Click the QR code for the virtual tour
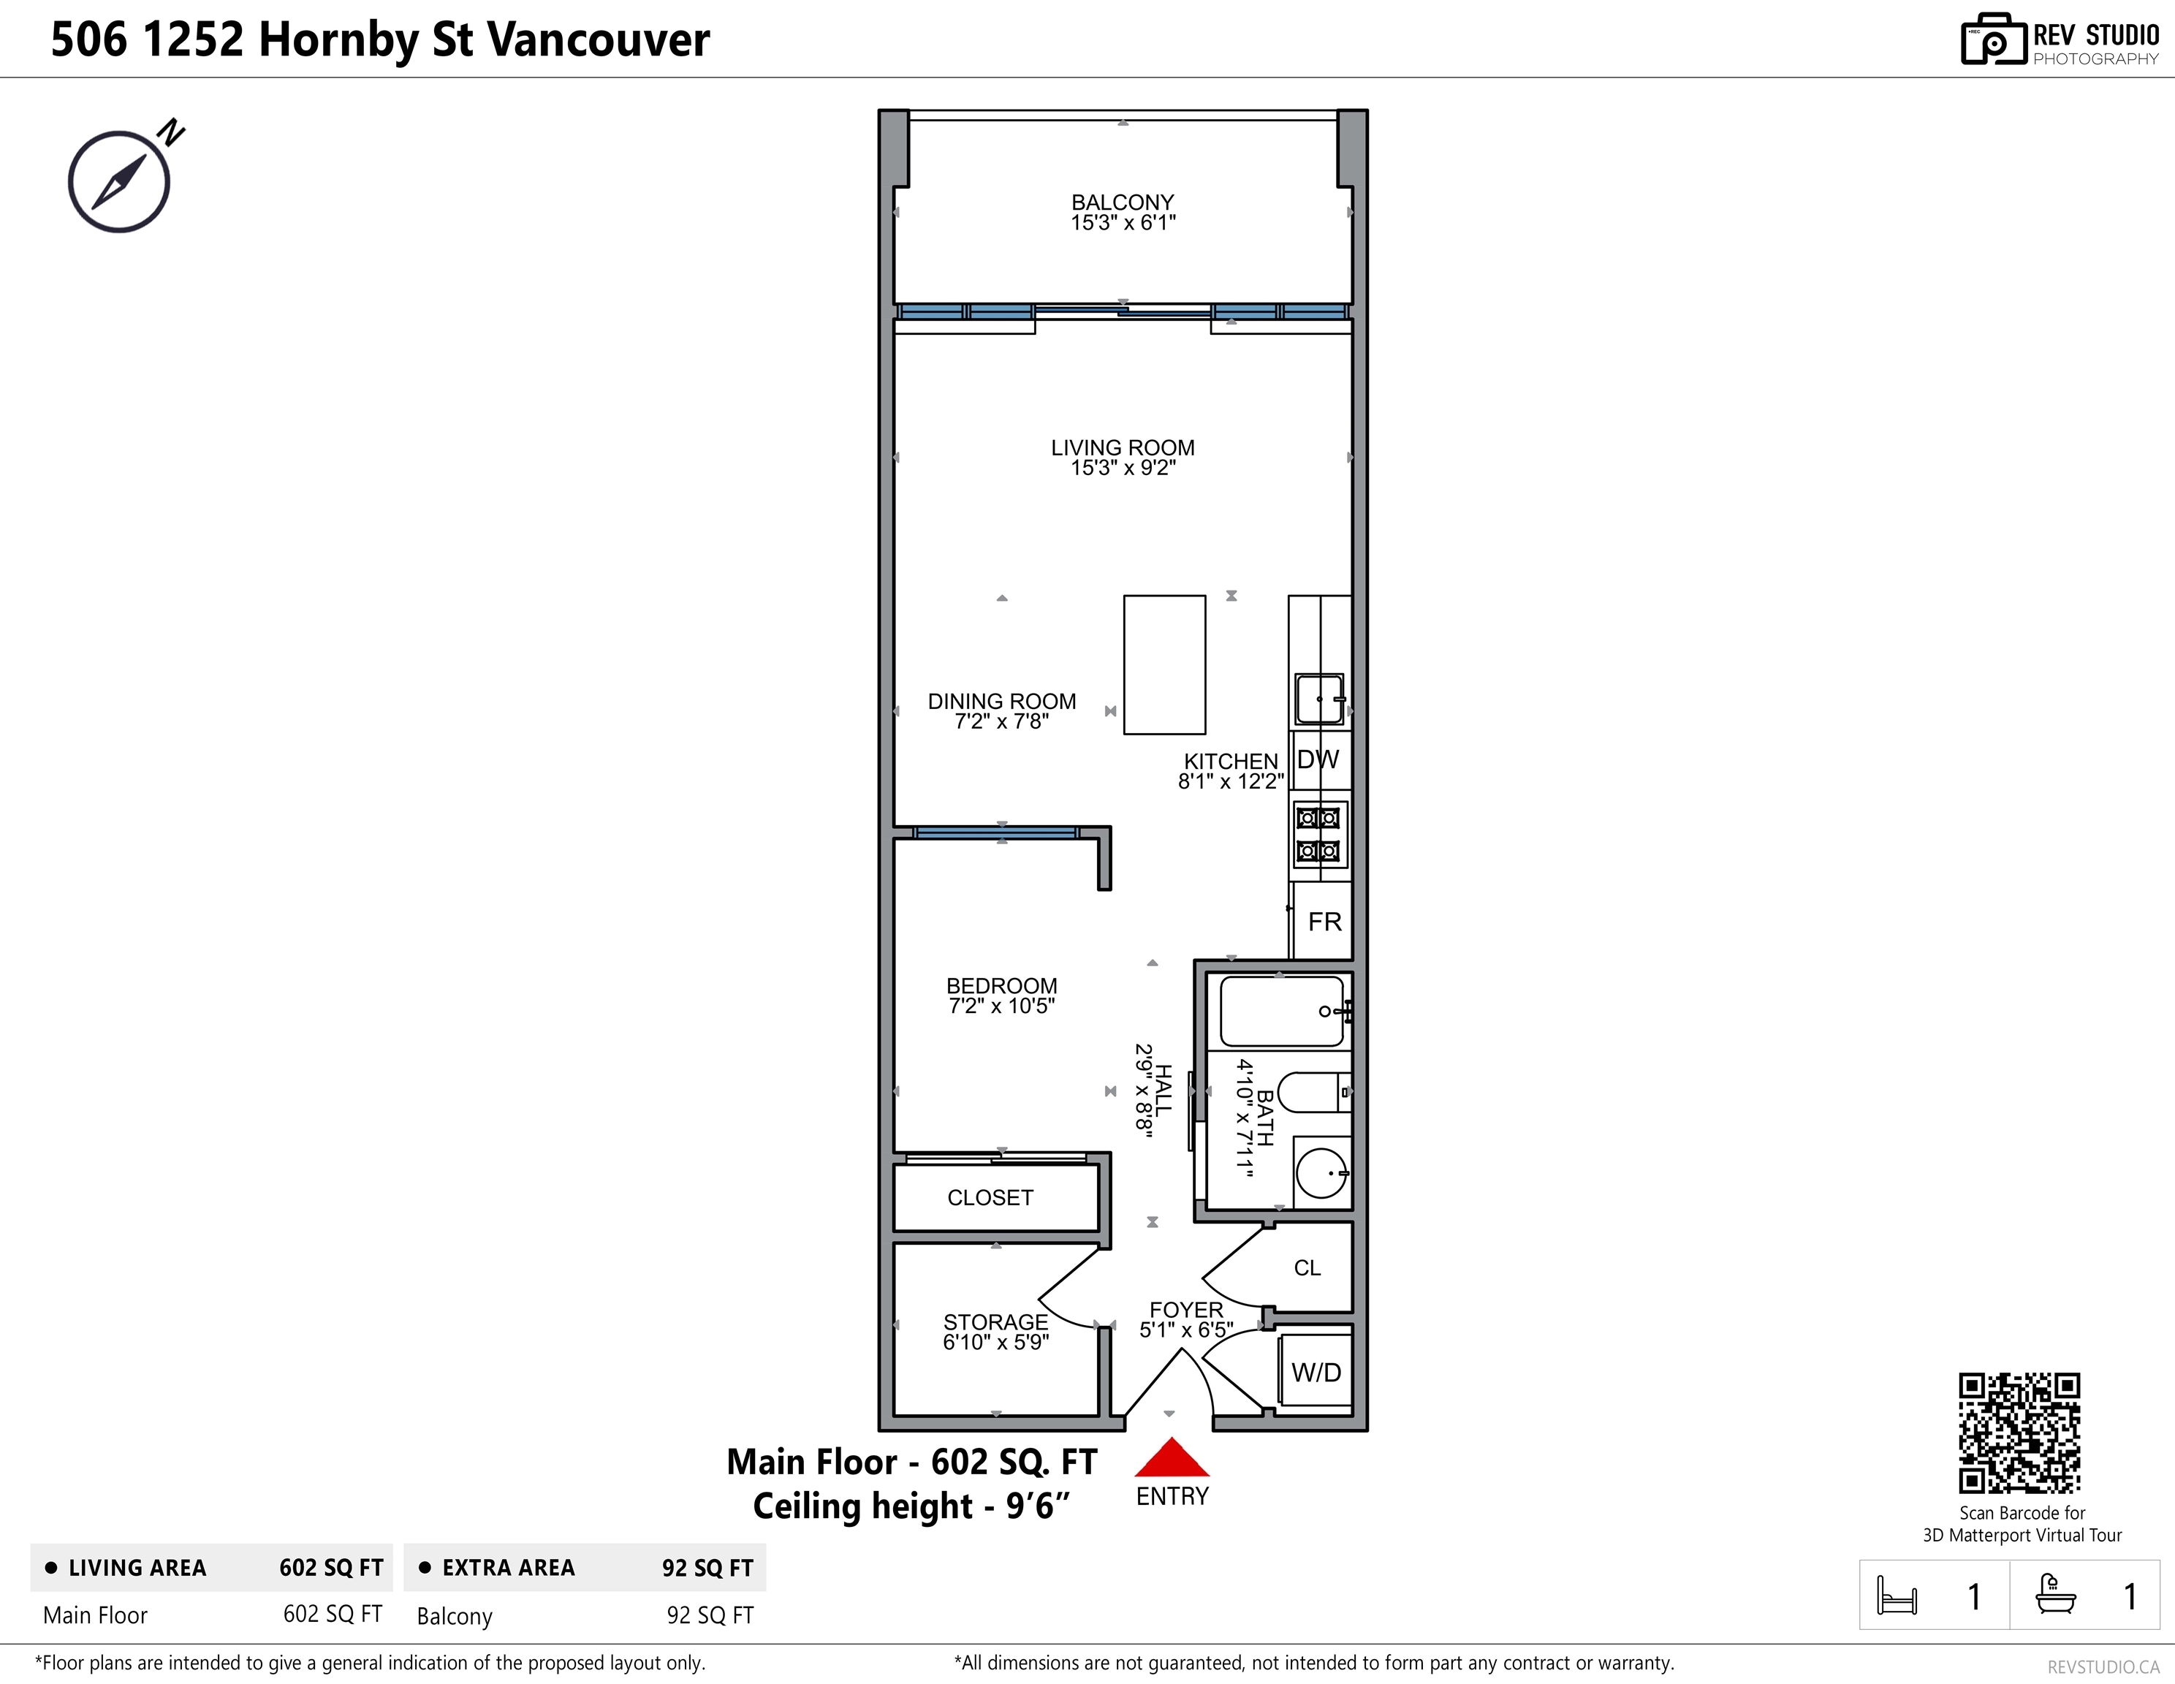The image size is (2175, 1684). [2019, 1433]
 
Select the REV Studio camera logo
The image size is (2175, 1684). [1994, 41]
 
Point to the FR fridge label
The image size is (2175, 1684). [1324, 922]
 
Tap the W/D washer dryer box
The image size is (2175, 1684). [1316, 1373]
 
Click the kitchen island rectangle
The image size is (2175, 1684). [1164, 665]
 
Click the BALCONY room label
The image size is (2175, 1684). [1123, 202]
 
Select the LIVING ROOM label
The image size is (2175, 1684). [1123, 448]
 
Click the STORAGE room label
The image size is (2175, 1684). [996, 1321]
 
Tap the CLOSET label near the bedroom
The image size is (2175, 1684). [990, 1197]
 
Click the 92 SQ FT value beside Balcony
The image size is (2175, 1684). [710, 1615]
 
